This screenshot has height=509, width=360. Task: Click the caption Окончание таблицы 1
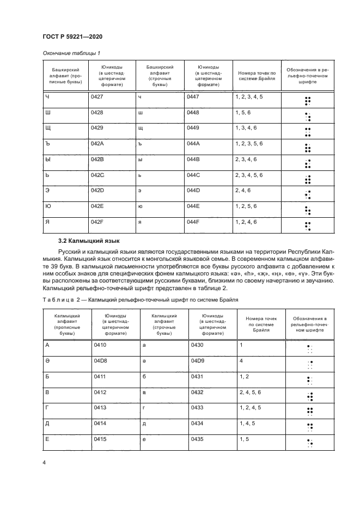71,53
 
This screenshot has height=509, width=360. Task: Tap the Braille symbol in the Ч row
308,100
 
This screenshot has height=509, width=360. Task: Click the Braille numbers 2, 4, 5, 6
250,392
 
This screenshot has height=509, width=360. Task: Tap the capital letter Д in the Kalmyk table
46,423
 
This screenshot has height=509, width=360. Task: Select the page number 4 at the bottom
44,462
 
